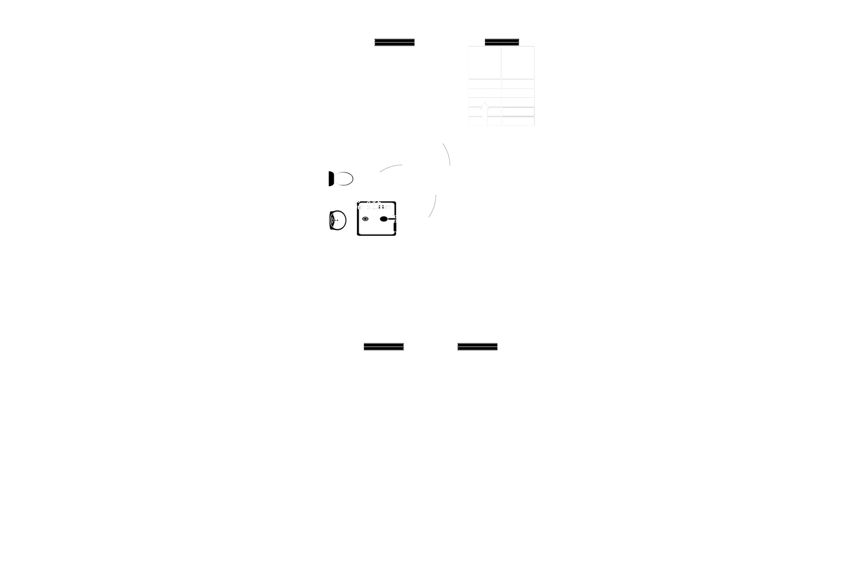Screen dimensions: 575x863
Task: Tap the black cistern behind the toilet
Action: pos(331,179)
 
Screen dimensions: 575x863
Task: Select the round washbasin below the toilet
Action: pos(338,220)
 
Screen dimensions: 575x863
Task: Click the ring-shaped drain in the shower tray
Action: pos(365,219)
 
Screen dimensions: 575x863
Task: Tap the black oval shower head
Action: pos(383,219)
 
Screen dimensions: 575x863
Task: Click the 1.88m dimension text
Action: pos(381,207)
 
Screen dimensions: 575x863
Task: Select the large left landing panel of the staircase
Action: pos(485,62)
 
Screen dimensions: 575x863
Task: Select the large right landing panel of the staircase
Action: pos(518,62)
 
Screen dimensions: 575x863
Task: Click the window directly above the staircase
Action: pos(502,42)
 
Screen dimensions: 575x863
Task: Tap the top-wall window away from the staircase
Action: pos(394,42)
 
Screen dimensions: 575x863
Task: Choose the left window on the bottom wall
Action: pos(383,347)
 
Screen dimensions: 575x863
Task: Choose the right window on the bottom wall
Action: pos(477,347)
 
